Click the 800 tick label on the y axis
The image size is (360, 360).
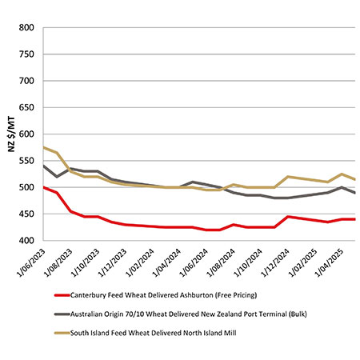(x=26, y=28)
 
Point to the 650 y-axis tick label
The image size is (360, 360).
(x=26, y=108)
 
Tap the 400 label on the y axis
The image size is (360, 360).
(x=26, y=241)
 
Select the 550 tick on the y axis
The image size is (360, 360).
(x=26, y=161)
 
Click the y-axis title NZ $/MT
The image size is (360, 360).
(x=11, y=134)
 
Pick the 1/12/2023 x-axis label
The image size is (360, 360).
(x=113, y=262)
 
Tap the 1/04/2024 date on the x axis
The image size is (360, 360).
(x=167, y=262)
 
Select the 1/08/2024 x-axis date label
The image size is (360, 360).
(x=222, y=262)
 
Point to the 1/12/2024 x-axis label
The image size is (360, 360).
(x=276, y=262)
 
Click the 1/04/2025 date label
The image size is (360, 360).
(x=330, y=262)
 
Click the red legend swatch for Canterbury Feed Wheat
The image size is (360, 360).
(x=62, y=295)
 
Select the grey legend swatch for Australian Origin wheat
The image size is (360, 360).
(x=62, y=314)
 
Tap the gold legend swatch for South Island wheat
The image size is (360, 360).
(x=62, y=333)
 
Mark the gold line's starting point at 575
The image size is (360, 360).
(x=44, y=147)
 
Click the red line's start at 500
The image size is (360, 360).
(x=44, y=187)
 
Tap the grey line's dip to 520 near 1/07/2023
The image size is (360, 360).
(x=57, y=177)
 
